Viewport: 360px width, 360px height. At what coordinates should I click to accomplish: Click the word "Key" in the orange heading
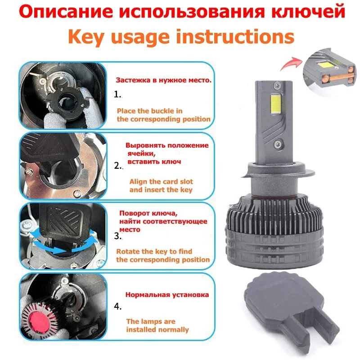pyautogui.click(x=86, y=37)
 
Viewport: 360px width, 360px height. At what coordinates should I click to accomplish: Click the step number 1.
pyautogui.click(x=117, y=94)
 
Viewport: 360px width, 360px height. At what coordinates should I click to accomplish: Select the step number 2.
pyautogui.click(x=118, y=166)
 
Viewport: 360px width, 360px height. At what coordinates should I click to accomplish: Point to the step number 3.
pyautogui.click(x=118, y=236)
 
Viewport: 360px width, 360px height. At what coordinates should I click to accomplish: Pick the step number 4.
pyautogui.click(x=118, y=306)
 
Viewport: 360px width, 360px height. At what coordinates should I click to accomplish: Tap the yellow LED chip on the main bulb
pyautogui.click(x=276, y=105)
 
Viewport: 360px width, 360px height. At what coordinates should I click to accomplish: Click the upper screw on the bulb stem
pyautogui.click(x=277, y=85)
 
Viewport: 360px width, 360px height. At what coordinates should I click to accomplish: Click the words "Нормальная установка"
pyautogui.click(x=167, y=295)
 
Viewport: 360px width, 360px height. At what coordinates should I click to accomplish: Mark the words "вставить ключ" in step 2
pyautogui.click(x=154, y=162)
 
